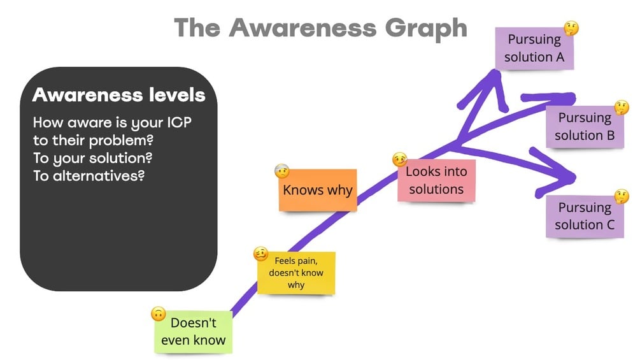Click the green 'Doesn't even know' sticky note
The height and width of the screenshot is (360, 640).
pyautogui.click(x=193, y=331)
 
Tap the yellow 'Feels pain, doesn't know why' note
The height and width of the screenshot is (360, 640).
pyautogui.click(x=295, y=273)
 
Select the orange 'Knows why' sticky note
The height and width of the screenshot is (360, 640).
pyautogui.click(x=317, y=190)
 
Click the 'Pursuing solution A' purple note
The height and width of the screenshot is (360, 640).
pyautogui.click(x=535, y=48)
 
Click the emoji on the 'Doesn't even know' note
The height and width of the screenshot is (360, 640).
pyautogui.click(x=159, y=313)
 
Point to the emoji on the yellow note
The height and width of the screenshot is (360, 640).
pyautogui.click(x=260, y=254)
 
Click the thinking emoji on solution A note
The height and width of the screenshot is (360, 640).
pyautogui.click(x=571, y=28)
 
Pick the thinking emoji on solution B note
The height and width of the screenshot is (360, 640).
pyautogui.click(x=622, y=107)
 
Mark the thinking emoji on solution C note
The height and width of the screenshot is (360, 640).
pyautogui.click(x=622, y=196)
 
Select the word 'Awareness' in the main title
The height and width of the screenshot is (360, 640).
pyautogui.click(x=302, y=28)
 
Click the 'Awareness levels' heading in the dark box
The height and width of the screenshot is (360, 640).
pyautogui.click(x=118, y=96)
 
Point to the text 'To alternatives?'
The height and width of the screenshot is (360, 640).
pyautogui.click(x=89, y=175)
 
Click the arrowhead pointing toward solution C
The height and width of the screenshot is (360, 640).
pyautogui.click(x=564, y=177)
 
